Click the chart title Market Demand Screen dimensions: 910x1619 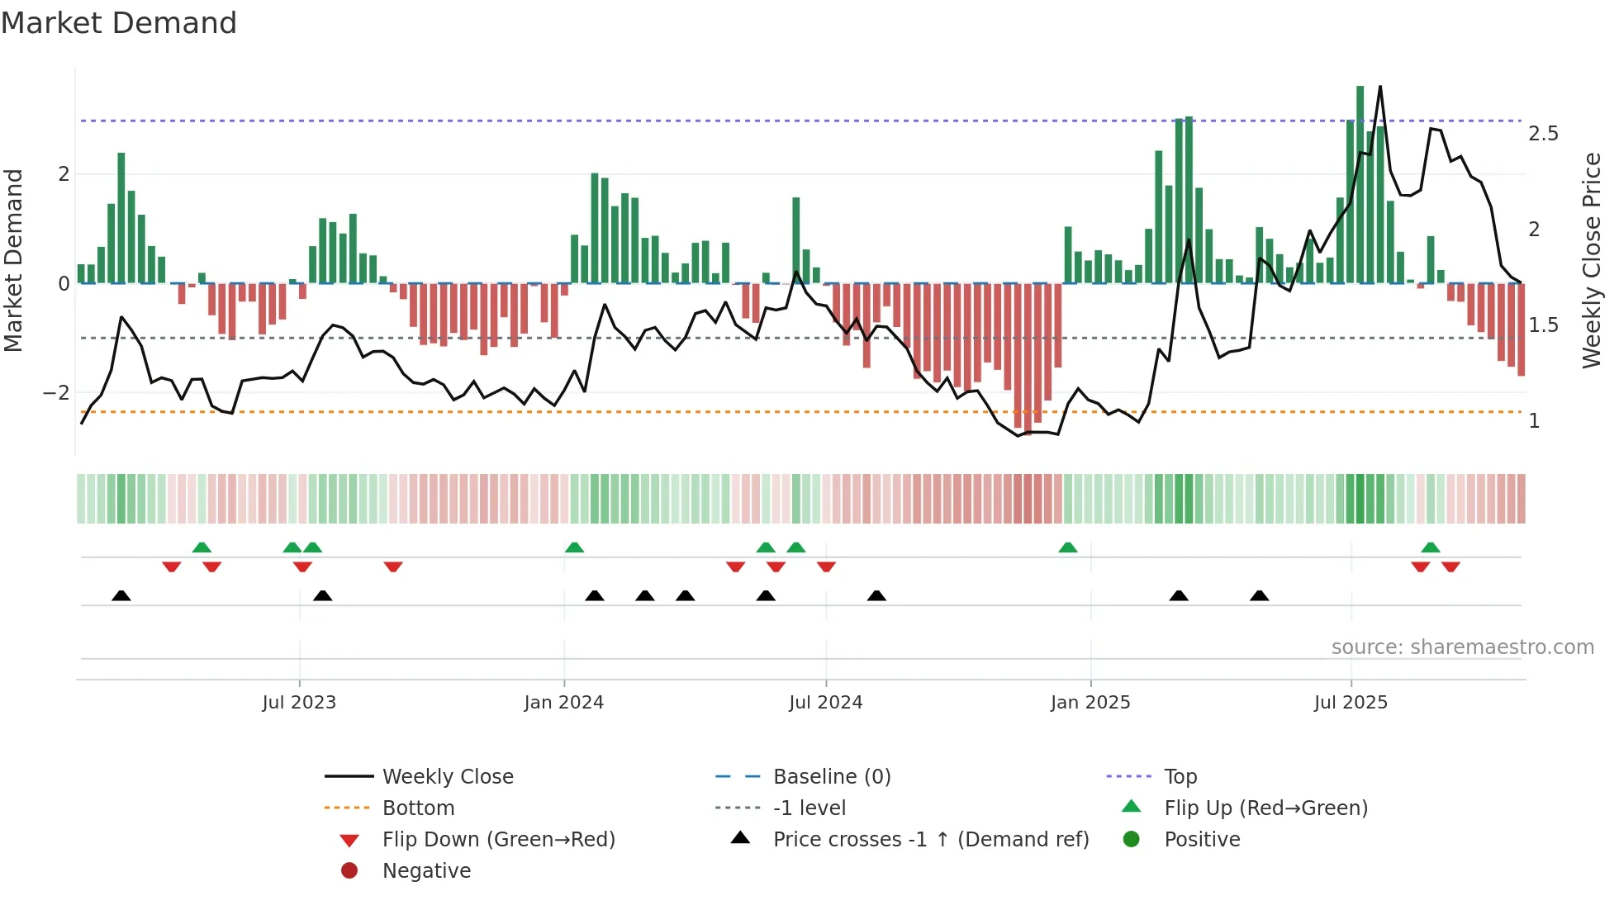coord(119,23)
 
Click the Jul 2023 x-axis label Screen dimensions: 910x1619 coord(299,703)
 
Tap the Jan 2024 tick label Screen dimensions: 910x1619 coord(563,703)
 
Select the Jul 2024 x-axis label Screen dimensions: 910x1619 coord(825,703)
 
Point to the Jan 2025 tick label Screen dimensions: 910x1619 coord(1090,703)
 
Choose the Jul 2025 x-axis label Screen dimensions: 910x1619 coord(1351,703)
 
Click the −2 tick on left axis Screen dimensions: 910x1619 coord(57,393)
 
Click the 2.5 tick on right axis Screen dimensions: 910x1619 coord(1543,134)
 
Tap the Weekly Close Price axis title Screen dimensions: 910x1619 coord(1592,260)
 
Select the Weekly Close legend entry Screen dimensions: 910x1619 coord(447,777)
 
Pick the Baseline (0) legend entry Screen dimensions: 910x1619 coord(831,777)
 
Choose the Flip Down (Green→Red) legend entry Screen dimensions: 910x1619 coord(498,840)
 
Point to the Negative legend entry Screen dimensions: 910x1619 coord(426,871)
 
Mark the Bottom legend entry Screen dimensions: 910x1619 coord(418,808)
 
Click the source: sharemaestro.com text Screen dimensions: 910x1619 coord(1462,647)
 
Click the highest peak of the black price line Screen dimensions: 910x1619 coord(1379,87)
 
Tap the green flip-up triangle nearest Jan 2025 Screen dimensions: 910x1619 coord(1068,547)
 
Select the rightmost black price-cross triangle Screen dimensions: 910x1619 coord(1259,595)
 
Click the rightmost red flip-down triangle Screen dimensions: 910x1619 coord(1450,566)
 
